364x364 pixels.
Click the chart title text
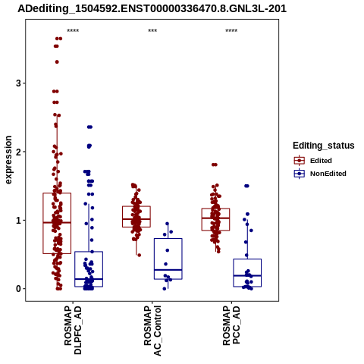[x=152, y=9]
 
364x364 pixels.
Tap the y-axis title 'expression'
[x=8, y=160]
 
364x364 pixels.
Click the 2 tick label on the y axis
[x=18, y=152]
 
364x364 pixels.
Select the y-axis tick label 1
[x=18, y=220]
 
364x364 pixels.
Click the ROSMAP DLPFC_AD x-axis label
[x=73, y=330]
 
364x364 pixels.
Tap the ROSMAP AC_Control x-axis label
[x=152, y=331]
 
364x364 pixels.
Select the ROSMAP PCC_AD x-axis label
[x=231, y=325]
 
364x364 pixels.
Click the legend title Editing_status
[x=324, y=146]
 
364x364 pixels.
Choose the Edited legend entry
[x=313, y=161]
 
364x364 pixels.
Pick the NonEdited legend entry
[x=320, y=174]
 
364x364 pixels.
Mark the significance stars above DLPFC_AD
[x=73, y=31]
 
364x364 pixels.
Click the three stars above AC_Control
[x=152, y=31]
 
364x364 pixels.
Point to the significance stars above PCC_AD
[x=231, y=31]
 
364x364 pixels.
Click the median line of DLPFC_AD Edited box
[x=57, y=223]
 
